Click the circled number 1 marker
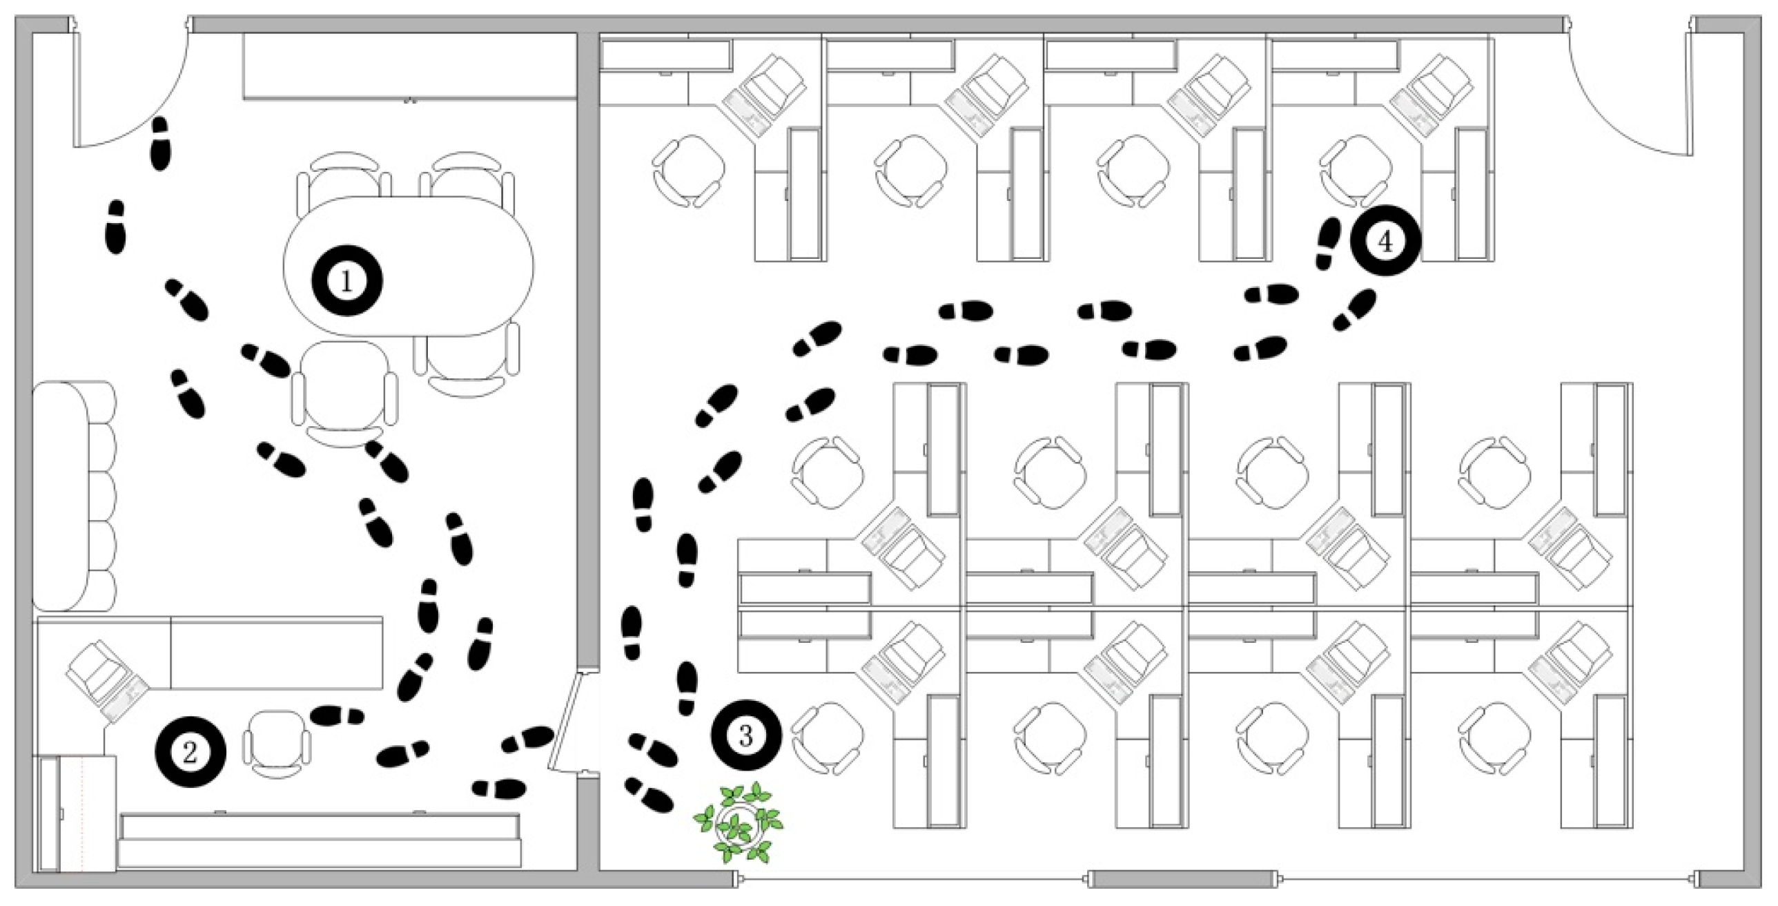click(346, 280)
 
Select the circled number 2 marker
click(190, 752)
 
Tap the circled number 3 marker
click(745, 735)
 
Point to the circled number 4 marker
click(1385, 241)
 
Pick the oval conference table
click(409, 267)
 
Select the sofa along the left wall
click(74, 496)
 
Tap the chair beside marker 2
click(276, 744)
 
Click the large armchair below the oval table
click(345, 394)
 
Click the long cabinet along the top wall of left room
click(410, 66)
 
